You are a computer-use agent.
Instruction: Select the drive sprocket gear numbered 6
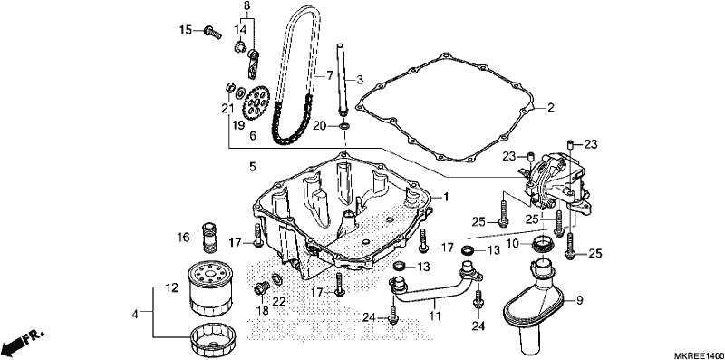[256, 103]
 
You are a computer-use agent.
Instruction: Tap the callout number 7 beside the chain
[330, 74]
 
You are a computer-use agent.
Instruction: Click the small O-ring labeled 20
[344, 126]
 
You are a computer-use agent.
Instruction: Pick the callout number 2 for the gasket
[550, 108]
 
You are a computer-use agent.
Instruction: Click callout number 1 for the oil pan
[446, 197]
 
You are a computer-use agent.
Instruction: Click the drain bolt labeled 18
[261, 289]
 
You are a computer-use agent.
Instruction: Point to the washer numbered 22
[277, 279]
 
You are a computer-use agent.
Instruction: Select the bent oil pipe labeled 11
[435, 286]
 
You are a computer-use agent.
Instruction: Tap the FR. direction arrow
[22, 342]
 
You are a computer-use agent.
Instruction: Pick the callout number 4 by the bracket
[135, 314]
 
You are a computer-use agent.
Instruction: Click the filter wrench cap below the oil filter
[212, 340]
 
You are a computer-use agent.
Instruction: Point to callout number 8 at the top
[246, 5]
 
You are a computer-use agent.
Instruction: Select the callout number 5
[253, 167]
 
